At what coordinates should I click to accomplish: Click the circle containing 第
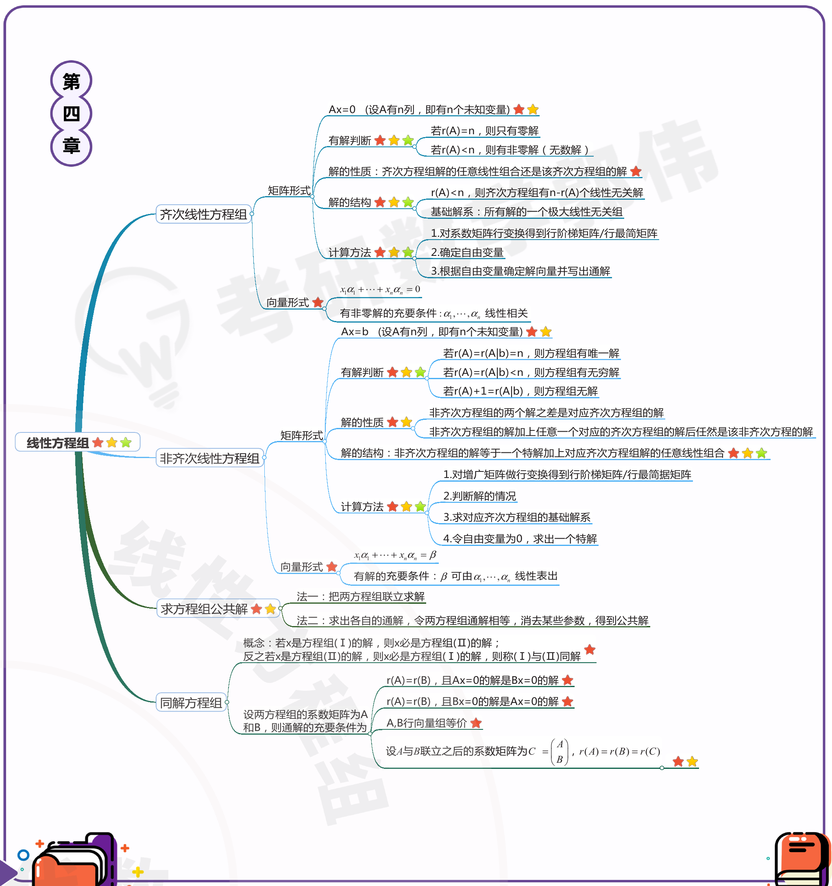(71, 81)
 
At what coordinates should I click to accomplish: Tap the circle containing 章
(71, 146)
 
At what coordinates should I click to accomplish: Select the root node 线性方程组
(58, 443)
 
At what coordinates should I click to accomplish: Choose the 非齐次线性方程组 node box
(209, 458)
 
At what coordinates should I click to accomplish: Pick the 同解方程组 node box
(191, 703)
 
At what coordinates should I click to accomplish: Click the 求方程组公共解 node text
(204, 609)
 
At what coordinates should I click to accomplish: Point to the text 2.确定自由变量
(467, 253)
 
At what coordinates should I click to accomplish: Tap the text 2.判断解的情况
(479, 496)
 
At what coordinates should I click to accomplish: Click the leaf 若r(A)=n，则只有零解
(485, 131)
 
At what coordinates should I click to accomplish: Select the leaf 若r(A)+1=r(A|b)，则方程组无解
(520, 391)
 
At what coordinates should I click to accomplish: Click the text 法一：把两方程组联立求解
(360, 597)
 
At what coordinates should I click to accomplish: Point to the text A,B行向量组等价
(426, 723)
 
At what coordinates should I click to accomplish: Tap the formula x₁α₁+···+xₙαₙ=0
(380, 290)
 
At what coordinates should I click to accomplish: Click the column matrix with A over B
(560, 752)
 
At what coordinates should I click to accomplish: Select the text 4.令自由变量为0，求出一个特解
(520, 539)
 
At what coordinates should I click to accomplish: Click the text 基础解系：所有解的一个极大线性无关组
(527, 212)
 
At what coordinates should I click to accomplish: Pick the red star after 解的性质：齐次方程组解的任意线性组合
(636, 172)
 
